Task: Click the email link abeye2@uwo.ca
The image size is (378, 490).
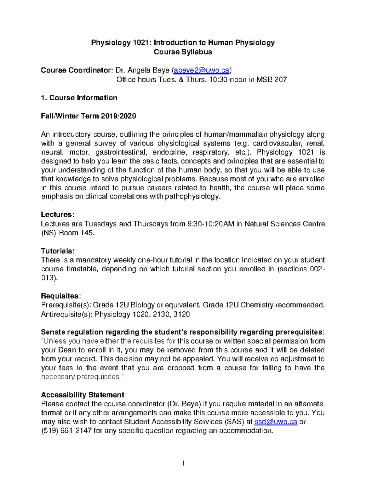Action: pyautogui.click(x=201, y=70)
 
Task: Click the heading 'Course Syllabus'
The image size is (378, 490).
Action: pyautogui.click(x=183, y=52)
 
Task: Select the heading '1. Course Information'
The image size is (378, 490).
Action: pyautogui.click(x=79, y=98)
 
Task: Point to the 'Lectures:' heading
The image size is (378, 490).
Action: pyautogui.click(x=58, y=215)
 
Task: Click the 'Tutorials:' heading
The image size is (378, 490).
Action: pyautogui.click(x=58, y=251)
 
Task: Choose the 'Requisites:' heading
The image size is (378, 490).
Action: pyautogui.click(x=61, y=296)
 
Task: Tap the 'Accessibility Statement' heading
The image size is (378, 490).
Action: pyautogui.click(x=83, y=395)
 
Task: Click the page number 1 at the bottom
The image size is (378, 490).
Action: pyautogui.click(x=183, y=463)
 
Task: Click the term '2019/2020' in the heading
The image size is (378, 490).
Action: pyautogui.click(x=118, y=116)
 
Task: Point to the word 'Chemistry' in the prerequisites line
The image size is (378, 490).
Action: pyautogui.click(x=257, y=305)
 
